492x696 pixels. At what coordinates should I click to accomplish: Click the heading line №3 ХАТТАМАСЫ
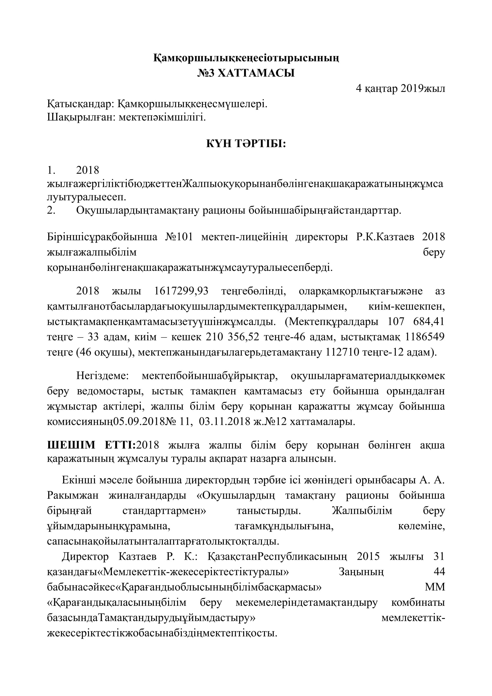click(246, 73)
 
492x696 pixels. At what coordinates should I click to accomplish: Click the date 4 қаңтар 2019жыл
click(400, 88)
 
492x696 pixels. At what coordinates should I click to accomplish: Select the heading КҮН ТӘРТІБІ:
click(246, 144)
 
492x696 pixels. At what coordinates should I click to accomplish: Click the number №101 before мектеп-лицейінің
click(179, 237)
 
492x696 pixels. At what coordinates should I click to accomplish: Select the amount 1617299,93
click(181, 291)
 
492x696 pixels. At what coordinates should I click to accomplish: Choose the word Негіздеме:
click(102, 376)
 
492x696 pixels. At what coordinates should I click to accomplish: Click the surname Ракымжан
click(73, 496)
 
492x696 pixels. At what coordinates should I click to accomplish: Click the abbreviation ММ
click(435, 587)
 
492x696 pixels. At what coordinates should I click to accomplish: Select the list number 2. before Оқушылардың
click(51, 210)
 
